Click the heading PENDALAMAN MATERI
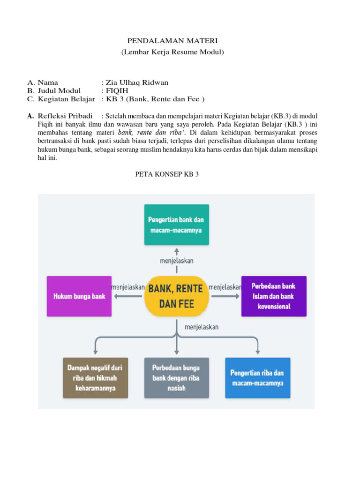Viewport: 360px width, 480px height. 172,42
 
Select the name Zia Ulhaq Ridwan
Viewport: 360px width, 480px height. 137,82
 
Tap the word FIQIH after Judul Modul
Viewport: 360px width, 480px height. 117,91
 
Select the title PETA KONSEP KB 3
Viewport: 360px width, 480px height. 167,174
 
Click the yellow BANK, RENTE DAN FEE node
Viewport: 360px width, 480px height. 176,296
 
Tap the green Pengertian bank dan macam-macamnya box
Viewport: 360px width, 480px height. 176,225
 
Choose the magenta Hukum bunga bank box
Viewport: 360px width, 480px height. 79,296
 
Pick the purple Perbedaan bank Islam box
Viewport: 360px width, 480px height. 274,296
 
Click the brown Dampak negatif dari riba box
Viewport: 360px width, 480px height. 95,378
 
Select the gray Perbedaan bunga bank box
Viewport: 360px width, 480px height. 176,378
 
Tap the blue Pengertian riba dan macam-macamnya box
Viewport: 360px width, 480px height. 257,378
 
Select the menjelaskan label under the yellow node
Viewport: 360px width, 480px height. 202,327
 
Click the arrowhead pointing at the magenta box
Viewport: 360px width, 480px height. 117,296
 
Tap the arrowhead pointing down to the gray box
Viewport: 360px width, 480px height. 176,351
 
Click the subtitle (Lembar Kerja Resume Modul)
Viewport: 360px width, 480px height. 172,52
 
